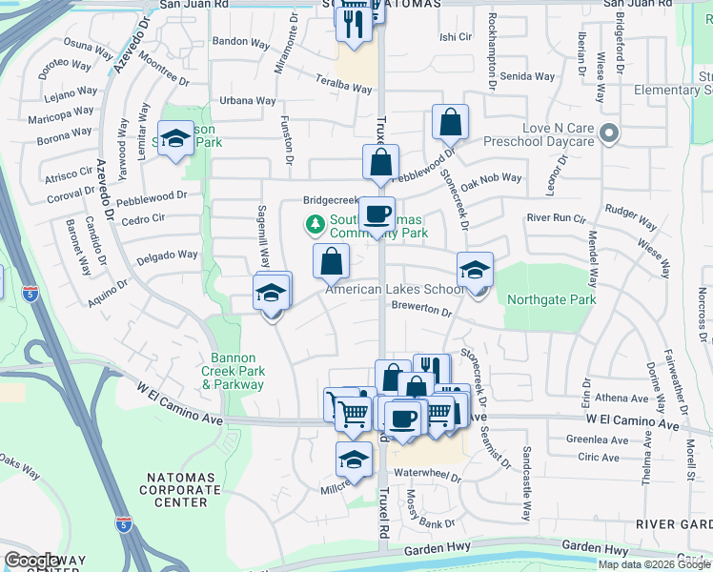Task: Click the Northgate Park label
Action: point(551,299)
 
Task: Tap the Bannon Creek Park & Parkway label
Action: point(233,372)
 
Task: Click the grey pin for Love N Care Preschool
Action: point(611,133)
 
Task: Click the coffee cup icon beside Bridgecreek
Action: point(377,213)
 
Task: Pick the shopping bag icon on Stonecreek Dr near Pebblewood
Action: point(450,122)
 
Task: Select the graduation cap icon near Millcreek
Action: point(354,459)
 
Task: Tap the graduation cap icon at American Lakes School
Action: point(475,269)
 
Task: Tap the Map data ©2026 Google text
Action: point(653,564)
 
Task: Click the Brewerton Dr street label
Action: point(420,310)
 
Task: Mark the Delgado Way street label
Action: point(166,255)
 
